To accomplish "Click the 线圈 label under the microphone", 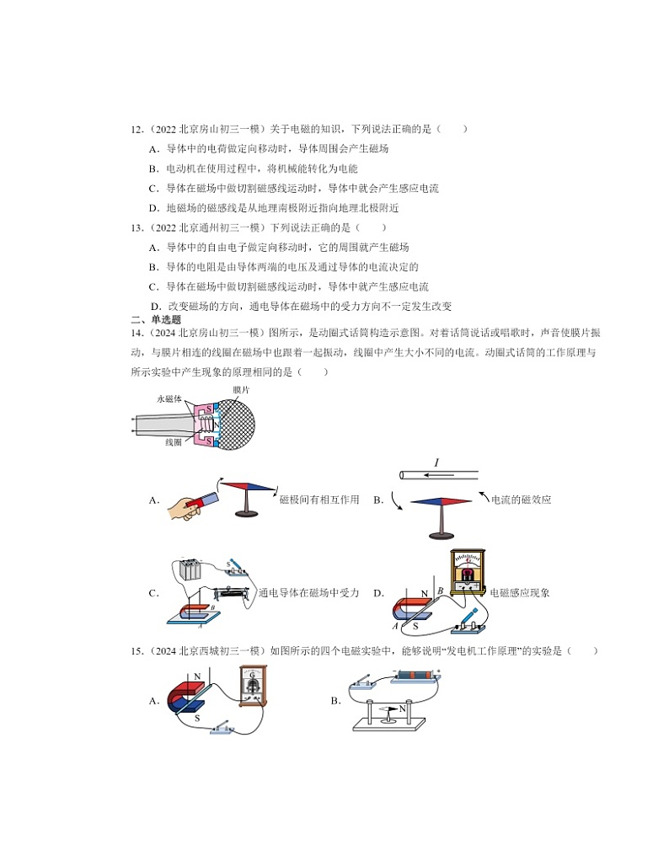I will tap(174, 441).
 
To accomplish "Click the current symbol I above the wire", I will tap(436, 462).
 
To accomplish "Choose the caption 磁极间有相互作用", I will tap(319, 500).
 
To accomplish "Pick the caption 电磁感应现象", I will tap(519, 593).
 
